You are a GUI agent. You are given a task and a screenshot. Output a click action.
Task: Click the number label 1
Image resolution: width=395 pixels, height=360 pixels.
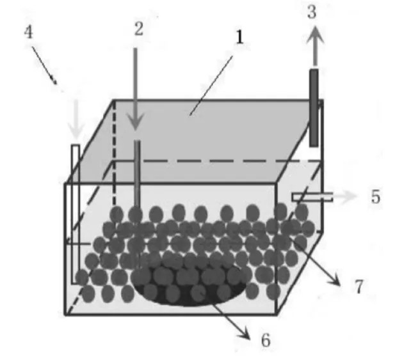(x=240, y=38)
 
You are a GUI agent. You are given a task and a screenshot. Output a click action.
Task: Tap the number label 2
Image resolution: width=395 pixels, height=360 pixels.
(x=139, y=29)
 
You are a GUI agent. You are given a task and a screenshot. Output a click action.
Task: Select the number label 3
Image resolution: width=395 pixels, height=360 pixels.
(x=312, y=12)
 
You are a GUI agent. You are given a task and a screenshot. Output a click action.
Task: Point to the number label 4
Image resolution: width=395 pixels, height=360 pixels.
(x=28, y=33)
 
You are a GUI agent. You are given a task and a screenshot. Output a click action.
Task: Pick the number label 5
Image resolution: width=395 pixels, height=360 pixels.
(x=376, y=196)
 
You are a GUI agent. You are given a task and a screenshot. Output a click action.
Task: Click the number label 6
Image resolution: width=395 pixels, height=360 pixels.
(x=266, y=340)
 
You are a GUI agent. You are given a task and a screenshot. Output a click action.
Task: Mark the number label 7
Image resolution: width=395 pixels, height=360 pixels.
(x=359, y=286)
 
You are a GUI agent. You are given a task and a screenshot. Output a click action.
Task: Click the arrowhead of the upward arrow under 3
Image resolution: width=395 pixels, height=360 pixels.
(x=315, y=35)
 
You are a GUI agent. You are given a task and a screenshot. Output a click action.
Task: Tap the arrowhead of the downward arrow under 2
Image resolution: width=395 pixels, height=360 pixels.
(x=135, y=121)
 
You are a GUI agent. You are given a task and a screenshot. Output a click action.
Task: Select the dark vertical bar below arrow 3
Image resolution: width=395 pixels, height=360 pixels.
(x=314, y=108)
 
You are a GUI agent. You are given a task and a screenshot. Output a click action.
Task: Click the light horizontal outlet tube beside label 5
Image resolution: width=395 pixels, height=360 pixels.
(x=312, y=197)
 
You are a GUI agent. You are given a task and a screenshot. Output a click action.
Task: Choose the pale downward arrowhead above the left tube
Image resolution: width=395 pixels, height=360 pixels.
(x=76, y=131)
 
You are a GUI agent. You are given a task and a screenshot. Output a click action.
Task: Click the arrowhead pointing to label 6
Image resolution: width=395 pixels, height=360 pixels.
(x=245, y=334)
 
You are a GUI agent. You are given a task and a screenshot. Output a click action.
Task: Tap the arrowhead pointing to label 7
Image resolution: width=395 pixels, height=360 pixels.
(x=335, y=281)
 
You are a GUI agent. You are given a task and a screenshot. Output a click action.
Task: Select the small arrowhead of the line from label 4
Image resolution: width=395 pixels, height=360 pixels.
(x=54, y=81)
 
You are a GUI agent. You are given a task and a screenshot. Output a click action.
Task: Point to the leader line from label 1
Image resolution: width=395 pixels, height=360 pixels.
(x=211, y=86)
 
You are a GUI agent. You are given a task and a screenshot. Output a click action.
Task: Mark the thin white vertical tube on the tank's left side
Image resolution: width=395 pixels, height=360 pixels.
(x=76, y=214)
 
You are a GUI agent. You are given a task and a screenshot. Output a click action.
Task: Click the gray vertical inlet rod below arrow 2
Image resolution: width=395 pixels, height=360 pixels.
(x=137, y=173)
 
